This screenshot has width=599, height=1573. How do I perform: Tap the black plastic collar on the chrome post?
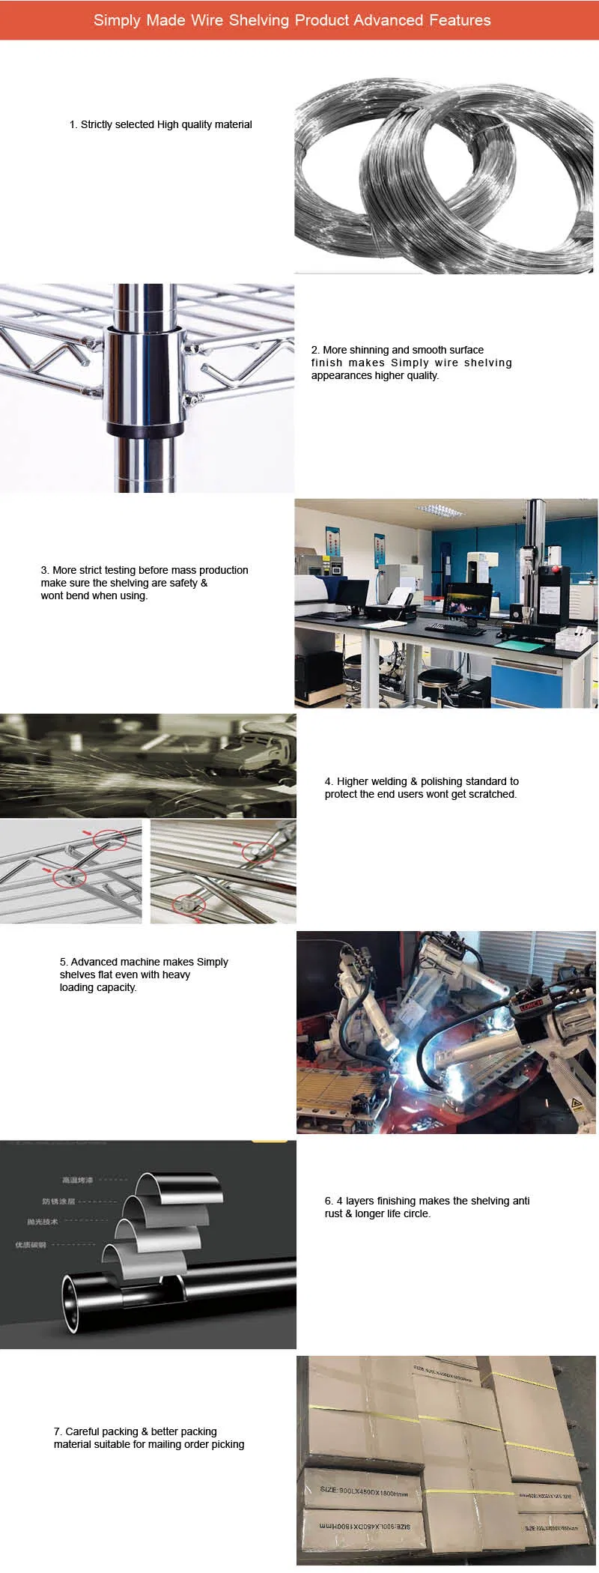click(x=145, y=430)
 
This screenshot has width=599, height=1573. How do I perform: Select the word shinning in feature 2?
click(x=369, y=350)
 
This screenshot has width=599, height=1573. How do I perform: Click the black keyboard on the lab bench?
click(x=457, y=630)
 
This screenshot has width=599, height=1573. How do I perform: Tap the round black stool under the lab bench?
click(x=440, y=678)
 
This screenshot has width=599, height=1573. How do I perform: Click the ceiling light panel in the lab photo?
click(x=439, y=511)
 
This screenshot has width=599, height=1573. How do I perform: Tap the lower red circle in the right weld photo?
click(x=189, y=904)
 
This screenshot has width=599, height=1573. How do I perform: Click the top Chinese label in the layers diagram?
click(x=78, y=1180)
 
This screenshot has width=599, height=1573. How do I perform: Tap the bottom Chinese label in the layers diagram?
click(x=31, y=1245)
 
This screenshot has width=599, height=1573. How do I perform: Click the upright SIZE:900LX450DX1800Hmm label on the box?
click(x=364, y=1490)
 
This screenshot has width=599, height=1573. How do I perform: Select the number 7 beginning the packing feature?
click(x=57, y=1431)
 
